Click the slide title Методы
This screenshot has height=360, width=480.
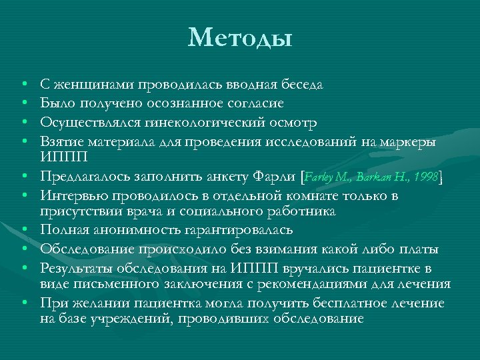(240, 37)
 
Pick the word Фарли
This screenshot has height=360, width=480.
(275, 177)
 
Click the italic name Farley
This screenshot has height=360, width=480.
(322, 177)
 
